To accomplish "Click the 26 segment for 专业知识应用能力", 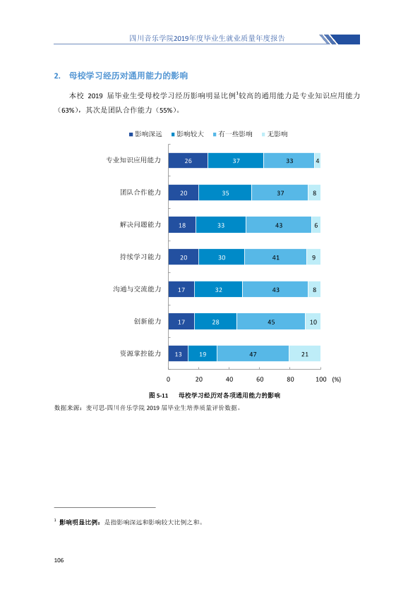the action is [188, 161].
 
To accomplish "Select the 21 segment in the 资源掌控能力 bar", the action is [305, 354].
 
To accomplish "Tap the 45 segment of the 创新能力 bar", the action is [271, 322].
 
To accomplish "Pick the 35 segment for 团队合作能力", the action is [225, 193].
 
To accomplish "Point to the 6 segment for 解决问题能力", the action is [316, 225].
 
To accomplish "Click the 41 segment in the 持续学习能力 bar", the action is [275, 257].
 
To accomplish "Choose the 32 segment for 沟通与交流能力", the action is [218, 289].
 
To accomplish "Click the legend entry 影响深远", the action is [145, 134].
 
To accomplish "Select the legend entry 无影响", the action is [275, 134].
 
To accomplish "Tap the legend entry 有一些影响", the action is [233, 134].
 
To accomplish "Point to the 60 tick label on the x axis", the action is [260, 380].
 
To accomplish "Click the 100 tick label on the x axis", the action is [320, 380].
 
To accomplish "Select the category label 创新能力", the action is [148, 321].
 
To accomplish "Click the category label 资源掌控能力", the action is [140, 353].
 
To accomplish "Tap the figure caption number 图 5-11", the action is [158, 396].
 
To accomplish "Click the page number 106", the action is [59, 560].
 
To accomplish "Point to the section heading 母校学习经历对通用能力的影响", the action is [128, 75].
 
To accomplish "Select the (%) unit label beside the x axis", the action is [337, 380].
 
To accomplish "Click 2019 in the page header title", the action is [181, 38].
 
